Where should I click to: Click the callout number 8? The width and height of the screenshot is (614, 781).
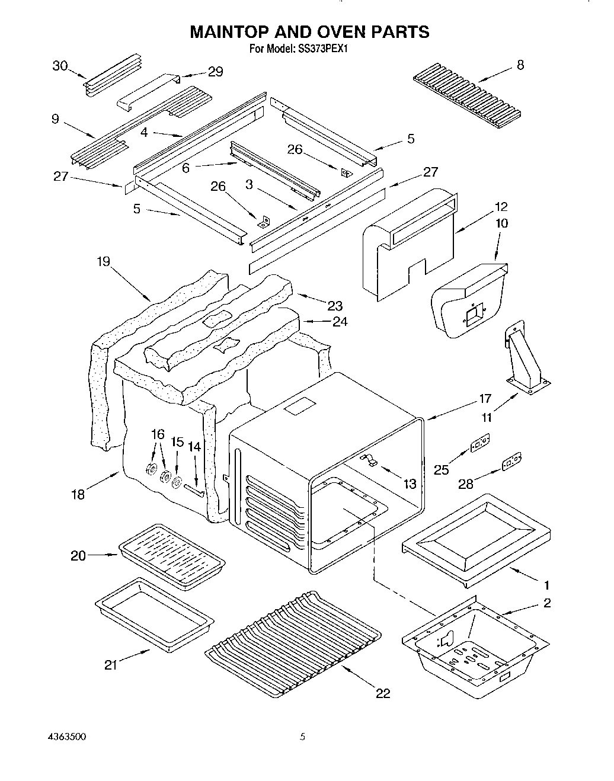[x=520, y=66]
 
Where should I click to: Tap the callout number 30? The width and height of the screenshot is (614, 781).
[x=60, y=66]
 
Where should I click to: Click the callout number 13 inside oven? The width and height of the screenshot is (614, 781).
[x=410, y=484]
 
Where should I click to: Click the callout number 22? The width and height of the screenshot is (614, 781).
[x=383, y=693]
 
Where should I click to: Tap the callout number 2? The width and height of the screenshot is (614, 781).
[x=546, y=603]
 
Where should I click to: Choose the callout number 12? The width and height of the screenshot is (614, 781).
[x=501, y=207]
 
